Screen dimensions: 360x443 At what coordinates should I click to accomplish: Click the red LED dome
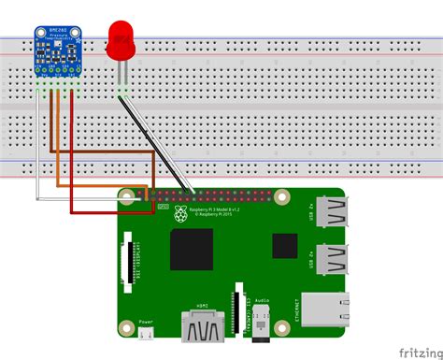click(x=121, y=36)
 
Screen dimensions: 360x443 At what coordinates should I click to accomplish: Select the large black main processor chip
click(x=192, y=249)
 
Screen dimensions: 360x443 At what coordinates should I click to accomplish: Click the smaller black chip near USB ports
click(x=285, y=245)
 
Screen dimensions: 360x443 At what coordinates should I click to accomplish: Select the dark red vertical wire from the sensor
click(x=74, y=150)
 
